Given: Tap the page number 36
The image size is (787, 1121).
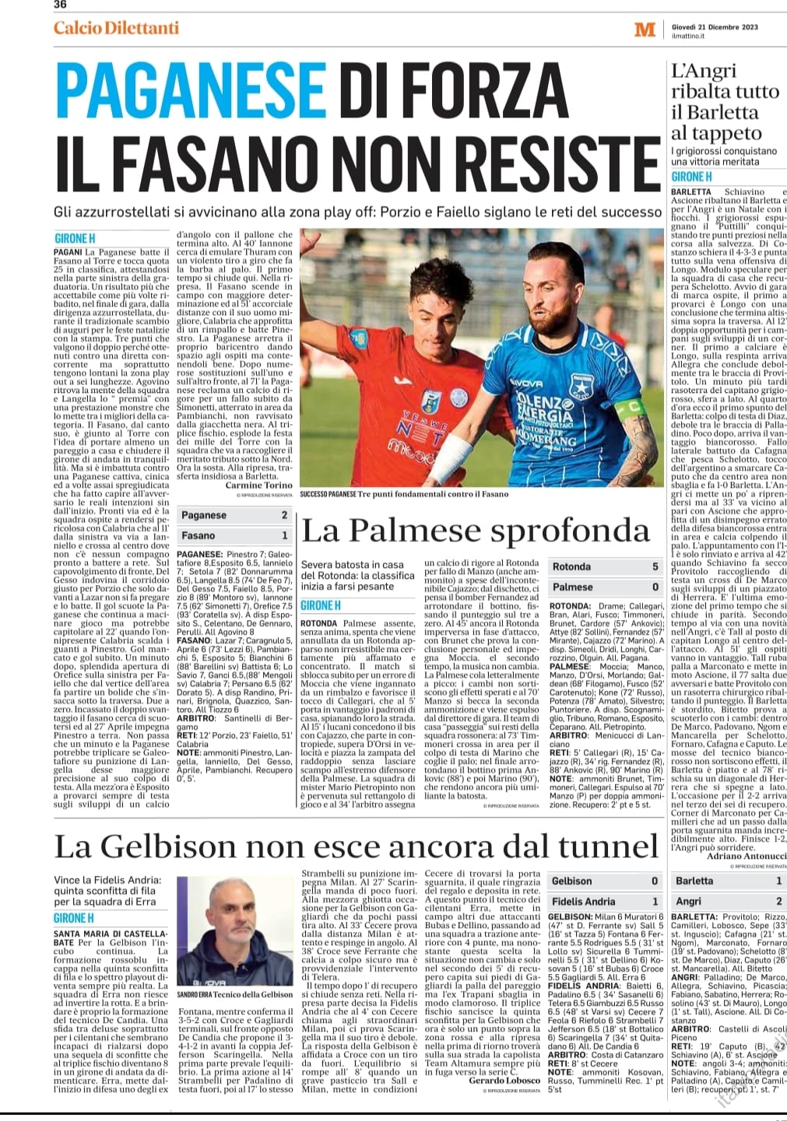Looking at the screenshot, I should pos(60,5).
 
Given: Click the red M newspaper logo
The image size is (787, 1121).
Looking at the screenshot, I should pos(645,30).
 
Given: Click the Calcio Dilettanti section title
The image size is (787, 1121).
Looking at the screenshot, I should pos(116,28).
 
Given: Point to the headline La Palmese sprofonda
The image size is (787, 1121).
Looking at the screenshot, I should pos(475,531).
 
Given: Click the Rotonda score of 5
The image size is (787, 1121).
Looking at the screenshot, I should pos(655,567).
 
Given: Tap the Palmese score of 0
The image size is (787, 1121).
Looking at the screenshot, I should pos(655,587).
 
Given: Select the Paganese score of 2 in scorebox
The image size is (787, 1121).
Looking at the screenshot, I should pos(284,515).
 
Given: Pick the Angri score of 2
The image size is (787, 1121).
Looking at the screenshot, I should pos(779,901).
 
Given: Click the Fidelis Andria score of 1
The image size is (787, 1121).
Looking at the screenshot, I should pos(655,901).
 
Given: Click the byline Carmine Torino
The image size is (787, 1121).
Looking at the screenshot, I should pos(259,485).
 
